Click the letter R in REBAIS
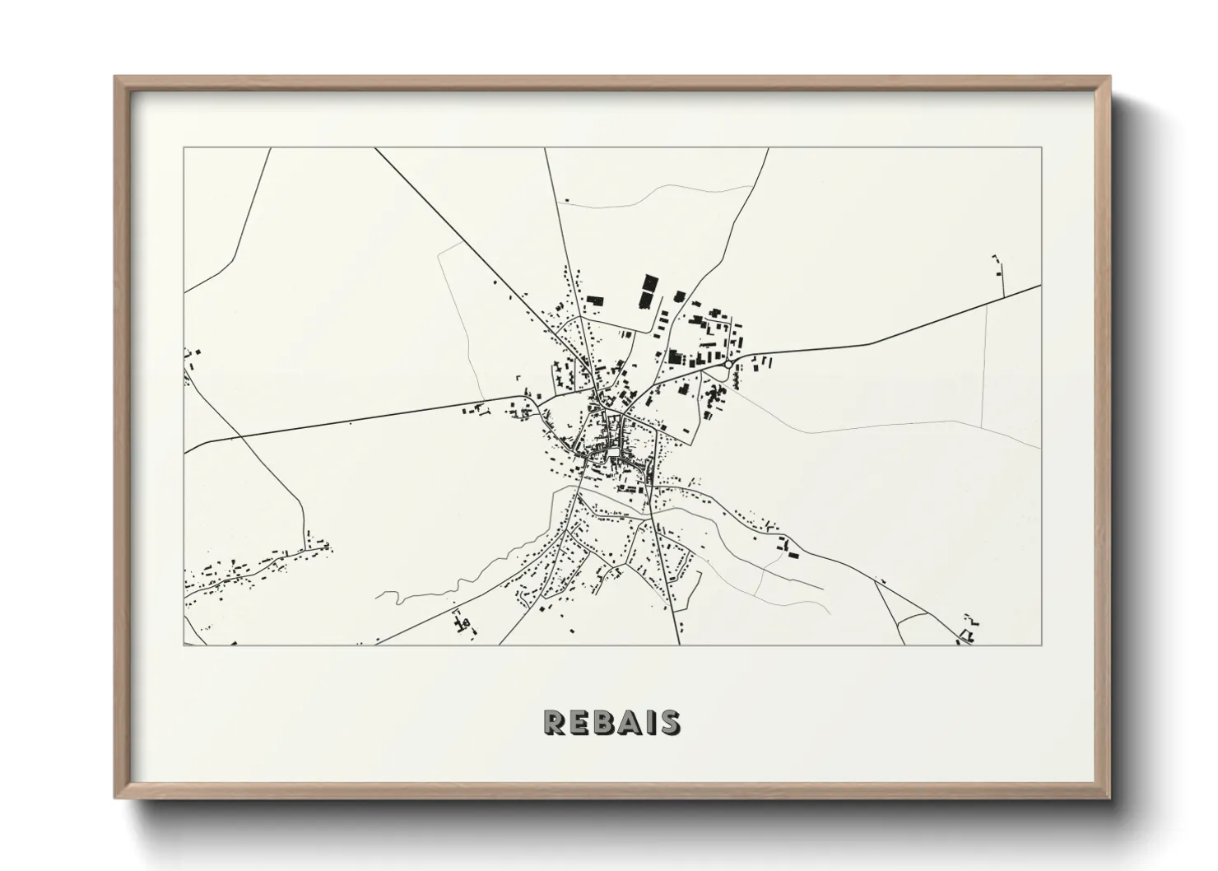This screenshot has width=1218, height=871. click(x=554, y=722)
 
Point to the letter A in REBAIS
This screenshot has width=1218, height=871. click(x=627, y=722)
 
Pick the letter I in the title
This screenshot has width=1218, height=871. click(x=648, y=722)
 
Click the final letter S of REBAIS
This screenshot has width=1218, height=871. click(x=668, y=722)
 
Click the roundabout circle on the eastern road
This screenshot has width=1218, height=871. click(x=728, y=363)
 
